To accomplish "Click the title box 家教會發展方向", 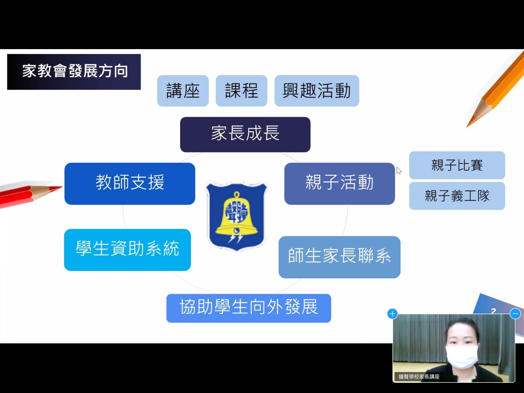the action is point(74,72).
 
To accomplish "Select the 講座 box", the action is point(183,90).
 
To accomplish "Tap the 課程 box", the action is point(242,90).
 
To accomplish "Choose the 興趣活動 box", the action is point(317,90).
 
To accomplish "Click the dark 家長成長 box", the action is point(245,134).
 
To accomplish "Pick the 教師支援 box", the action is point(130,183).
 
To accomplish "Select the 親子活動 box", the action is point(339,183).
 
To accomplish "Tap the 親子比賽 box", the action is point(457,165).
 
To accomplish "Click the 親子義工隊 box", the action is point(457,196).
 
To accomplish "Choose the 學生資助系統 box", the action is point(127,250).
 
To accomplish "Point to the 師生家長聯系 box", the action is point(339,257).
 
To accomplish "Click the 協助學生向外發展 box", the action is point(249,308).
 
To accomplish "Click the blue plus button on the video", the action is point(393,314).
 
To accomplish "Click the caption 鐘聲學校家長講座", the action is point(419,377).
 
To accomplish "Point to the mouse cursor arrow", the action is point(399,171).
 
